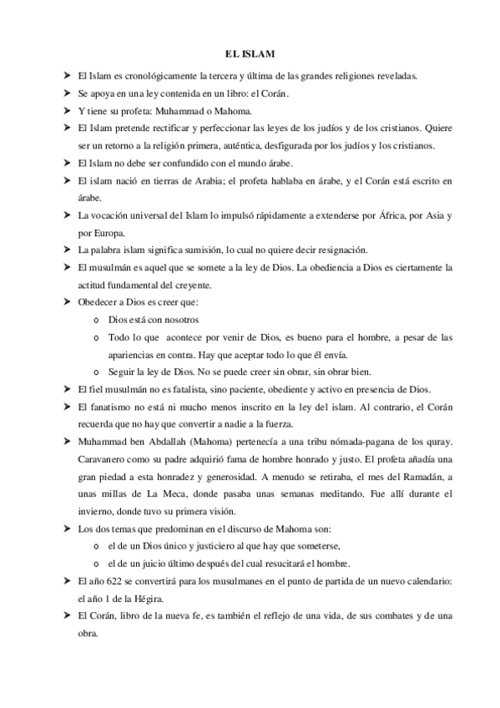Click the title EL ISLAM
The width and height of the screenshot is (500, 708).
coord(250,53)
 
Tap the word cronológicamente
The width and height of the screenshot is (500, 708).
coord(154,76)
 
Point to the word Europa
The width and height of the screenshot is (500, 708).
coord(107,233)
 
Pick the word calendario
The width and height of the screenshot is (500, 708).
coord(426,581)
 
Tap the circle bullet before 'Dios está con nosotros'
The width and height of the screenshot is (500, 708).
coord(98,321)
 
